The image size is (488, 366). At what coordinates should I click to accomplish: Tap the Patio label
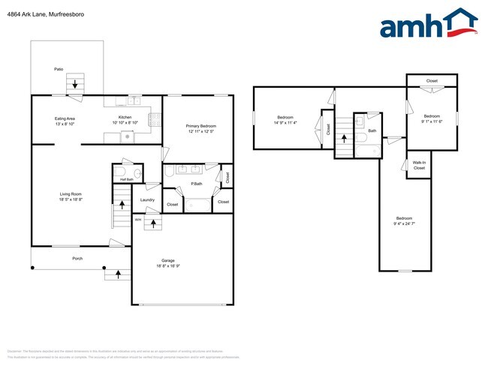click(58, 69)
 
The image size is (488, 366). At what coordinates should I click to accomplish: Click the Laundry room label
click(147, 199)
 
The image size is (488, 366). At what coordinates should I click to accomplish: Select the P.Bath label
click(197, 184)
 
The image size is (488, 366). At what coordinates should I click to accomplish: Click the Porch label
click(77, 258)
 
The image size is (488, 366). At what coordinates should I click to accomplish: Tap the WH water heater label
click(137, 220)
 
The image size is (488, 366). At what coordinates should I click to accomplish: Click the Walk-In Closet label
click(419, 166)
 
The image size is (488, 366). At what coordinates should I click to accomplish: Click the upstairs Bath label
click(371, 130)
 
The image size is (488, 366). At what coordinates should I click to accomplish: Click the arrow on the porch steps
click(117, 274)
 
